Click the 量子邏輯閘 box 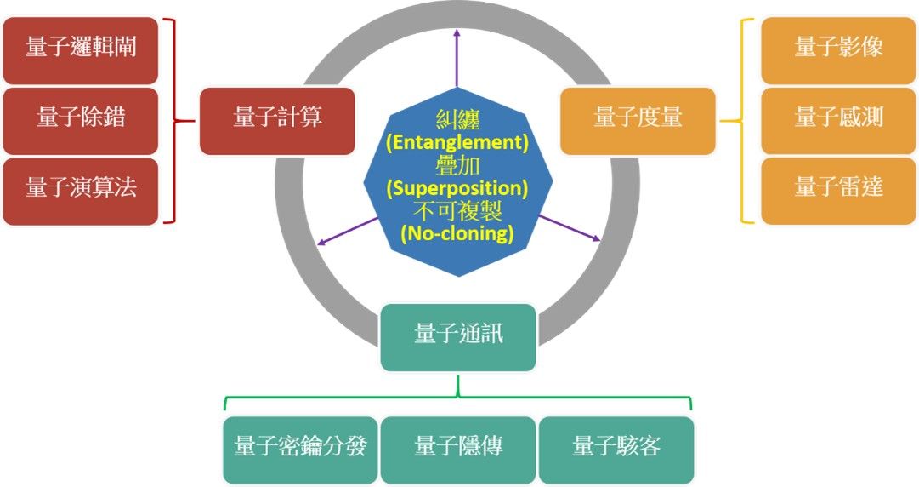coord(81,49)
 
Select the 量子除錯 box coord(81,119)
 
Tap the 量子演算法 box coord(81,190)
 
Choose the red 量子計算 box coord(277,120)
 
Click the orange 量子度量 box coord(638,120)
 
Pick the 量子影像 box coord(838,49)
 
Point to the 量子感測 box coord(838,119)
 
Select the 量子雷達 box coord(838,190)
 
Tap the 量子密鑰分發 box coord(300,449)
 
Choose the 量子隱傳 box coord(458,449)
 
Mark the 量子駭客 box coord(616,449)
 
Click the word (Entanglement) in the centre coord(457,142)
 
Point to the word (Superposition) coord(457,187)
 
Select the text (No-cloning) coord(457,232)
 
